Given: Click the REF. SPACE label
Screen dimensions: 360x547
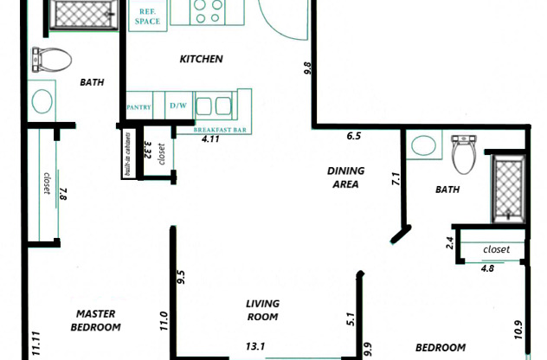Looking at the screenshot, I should click(148, 16).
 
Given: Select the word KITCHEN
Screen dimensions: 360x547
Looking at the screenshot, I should click(201, 60).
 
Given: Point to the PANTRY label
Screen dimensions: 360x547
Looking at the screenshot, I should click(139, 107).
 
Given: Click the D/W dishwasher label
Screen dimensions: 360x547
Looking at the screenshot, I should click(178, 106).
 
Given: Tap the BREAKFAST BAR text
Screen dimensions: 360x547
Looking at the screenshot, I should click(220, 127).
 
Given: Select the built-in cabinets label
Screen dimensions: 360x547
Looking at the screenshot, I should click(127, 154).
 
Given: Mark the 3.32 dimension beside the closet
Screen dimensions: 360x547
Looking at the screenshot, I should click(148, 152).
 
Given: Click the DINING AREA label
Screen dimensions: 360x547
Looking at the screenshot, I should click(345, 177).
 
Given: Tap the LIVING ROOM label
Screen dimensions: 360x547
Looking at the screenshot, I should click(261, 310).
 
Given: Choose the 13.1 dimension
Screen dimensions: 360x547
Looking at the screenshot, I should click(255, 347).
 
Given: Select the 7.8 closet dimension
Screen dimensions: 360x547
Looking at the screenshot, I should click(63, 195).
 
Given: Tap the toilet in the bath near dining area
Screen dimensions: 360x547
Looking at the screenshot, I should click(465, 152).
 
